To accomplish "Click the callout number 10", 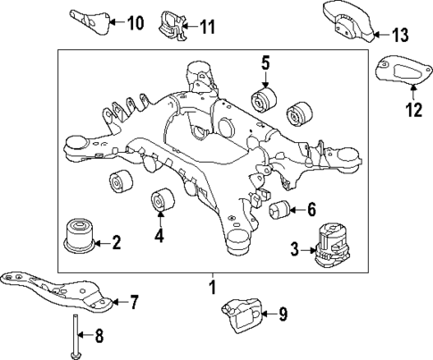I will (135, 21).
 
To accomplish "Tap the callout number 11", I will (206, 27).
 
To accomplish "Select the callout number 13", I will (398, 35).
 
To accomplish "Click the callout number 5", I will (265, 63).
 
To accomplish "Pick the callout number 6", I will (311, 211).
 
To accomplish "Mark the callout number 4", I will (159, 237).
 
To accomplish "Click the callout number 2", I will (116, 242).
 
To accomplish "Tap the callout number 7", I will (134, 302).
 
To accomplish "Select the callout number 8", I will (100, 336).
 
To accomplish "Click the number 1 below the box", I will (212, 288).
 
